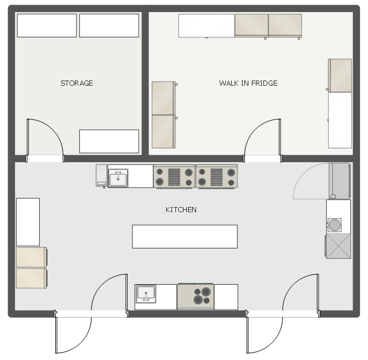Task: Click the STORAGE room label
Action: pyautogui.click(x=76, y=83)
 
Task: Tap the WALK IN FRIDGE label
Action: pyautogui.click(x=248, y=83)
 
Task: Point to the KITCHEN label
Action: pyautogui.click(x=181, y=209)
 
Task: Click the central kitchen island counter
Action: pyautogui.click(x=185, y=236)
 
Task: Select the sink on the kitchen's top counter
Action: pyautogui.click(x=118, y=178)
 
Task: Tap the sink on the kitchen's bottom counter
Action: pyautogui.click(x=146, y=294)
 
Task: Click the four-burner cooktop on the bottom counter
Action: pyautogui.click(x=195, y=296)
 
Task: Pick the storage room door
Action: pyautogui.click(x=45, y=140)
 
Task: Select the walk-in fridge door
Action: pyautogui.click(x=262, y=140)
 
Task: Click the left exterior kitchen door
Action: pyautogui.click(x=91, y=313)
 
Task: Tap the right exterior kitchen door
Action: pyautogui.click(x=282, y=313)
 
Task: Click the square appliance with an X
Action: pyautogui.click(x=338, y=246)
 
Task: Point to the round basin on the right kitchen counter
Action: pyautogui.click(x=335, y=225)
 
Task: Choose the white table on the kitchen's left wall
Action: pyautogui.click(x=28, y=222)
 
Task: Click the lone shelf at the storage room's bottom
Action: pyautogui.click(x=109, y=141)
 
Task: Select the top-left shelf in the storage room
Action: pyautogui.click(x=47, y=25)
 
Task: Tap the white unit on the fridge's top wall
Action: pyautogui.click(x=206, y=25)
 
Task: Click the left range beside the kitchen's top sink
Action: pyautogui.click(x=174, y=177)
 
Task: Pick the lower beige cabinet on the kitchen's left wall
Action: pyautogui.click(x=32, y=278)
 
